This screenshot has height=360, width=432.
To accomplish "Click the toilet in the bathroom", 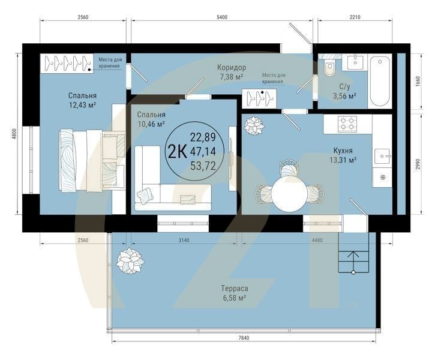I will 329,70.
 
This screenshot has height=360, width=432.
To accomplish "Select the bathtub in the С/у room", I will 379,81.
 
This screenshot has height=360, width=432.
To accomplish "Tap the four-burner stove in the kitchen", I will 347,124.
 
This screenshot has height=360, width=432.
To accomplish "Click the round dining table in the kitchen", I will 289,193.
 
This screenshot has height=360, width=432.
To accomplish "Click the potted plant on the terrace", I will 130,261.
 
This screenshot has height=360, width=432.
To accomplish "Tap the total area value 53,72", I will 203,166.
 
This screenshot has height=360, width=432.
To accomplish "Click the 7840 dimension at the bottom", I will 243,339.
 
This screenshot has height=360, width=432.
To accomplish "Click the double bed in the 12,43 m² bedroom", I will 90,160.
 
